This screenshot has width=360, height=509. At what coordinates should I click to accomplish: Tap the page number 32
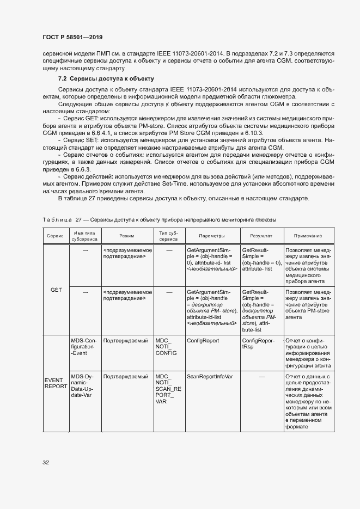point(46,463)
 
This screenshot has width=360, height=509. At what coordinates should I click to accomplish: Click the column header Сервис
point(54,236)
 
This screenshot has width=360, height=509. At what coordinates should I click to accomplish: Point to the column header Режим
point(127,236)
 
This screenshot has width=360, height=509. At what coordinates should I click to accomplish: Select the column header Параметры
point(212,236)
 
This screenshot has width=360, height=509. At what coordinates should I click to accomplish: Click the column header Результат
point(261,236)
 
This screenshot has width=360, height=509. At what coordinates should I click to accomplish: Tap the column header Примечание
point(308,236)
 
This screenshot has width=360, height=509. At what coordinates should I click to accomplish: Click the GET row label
point(56,290)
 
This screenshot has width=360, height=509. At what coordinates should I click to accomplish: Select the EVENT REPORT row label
point(56,383)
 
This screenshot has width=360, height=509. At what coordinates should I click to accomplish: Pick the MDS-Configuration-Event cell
point(83,346)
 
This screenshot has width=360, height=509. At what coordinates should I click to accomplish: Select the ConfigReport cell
point(203,341)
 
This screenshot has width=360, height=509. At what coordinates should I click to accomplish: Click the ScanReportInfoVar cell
point(210,376)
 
